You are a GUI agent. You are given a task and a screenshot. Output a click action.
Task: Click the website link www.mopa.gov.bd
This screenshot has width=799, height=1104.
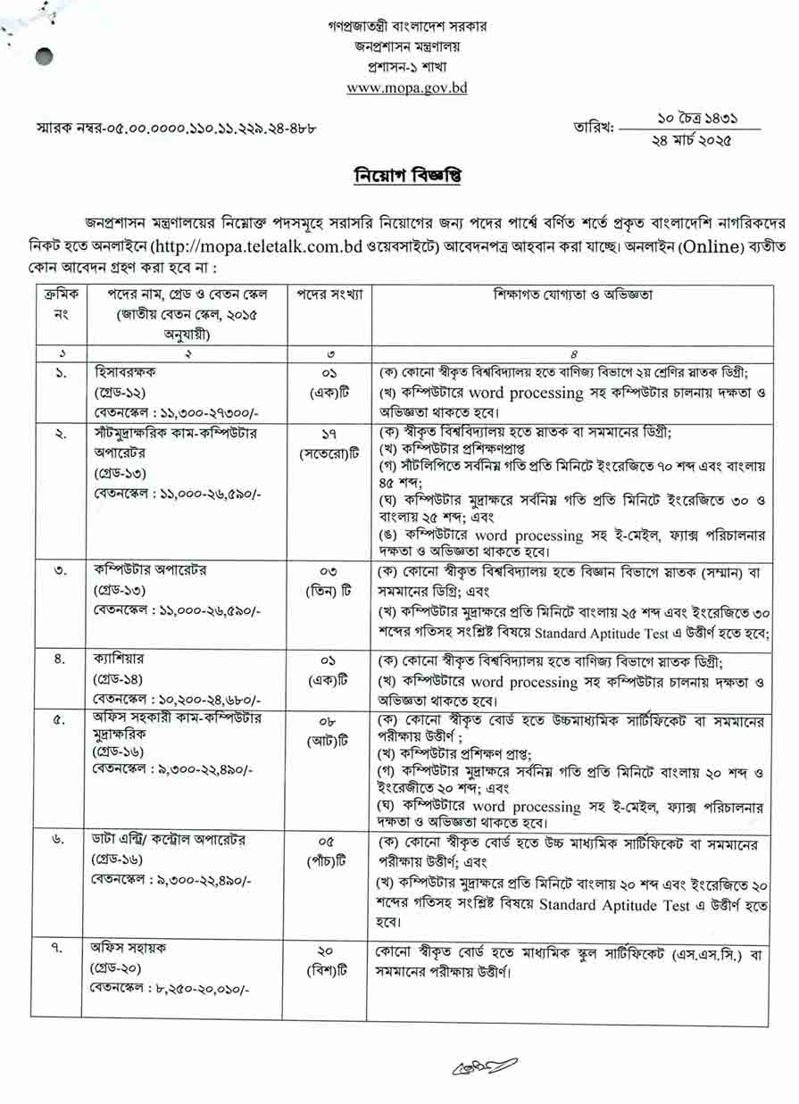pos(406,87)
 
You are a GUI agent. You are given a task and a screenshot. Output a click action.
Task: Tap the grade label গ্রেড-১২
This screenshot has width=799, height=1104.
pos(120,393)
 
